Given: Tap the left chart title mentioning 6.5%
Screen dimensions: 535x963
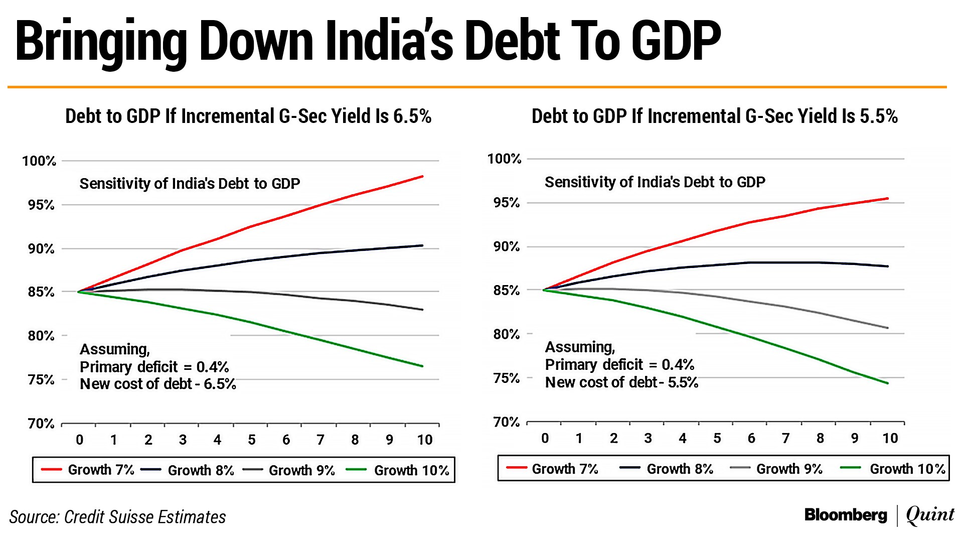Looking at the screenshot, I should click(248, 116).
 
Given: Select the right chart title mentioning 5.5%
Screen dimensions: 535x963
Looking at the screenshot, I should click(714, 116).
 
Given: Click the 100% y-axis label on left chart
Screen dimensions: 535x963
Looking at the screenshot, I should click(39, 161).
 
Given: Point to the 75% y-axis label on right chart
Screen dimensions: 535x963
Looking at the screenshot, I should click(506, 378).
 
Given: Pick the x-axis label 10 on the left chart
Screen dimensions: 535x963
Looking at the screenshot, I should click(424, 440).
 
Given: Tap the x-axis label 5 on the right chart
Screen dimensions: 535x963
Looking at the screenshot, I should click(717, 439).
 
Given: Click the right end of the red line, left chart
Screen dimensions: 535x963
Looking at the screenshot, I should click(422, 177).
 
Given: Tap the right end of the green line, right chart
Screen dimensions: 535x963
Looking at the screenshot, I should click(888, 383).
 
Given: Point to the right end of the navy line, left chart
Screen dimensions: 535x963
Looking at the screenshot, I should click(422, 245).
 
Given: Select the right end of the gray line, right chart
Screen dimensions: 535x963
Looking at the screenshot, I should click(888, 328).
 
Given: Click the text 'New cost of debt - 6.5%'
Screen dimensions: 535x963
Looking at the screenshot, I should click(157, 384).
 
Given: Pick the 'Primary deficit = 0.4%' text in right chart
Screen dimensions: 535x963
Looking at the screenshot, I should click(619, 364).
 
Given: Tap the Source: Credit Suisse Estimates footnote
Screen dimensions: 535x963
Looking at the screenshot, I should click(117, 517).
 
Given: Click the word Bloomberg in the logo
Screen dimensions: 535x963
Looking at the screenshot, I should click(846, 515).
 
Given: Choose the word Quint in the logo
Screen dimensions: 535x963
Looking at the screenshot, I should click(930, 515).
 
